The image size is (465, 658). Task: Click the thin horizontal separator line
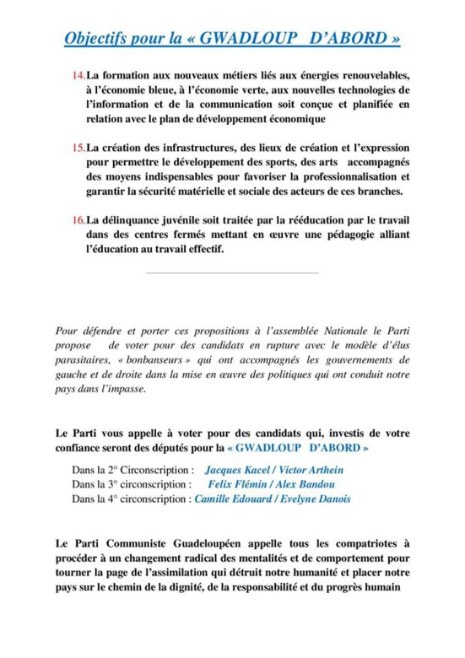pos(232,272)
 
